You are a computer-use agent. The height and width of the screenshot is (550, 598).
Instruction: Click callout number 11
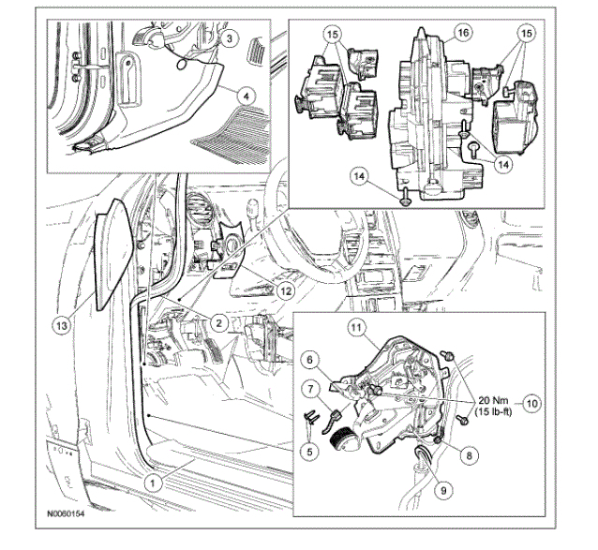356,327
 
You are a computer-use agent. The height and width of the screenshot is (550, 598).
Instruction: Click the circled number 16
460,32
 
